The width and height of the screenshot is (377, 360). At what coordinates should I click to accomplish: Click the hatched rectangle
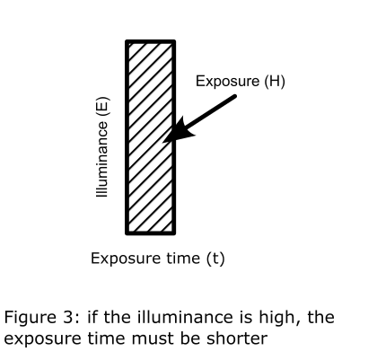tap(150, 137)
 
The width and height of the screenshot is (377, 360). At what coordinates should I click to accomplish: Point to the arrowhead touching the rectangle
tap(178, 131)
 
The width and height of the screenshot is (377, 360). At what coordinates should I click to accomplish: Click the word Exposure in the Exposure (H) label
tap(227, 82)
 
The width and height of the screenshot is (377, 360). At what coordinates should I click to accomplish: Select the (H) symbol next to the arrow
tap(275, 82)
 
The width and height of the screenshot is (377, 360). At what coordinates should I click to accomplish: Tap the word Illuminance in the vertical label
tap(101, 159)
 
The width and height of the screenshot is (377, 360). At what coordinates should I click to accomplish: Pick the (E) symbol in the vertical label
tap(102, 107)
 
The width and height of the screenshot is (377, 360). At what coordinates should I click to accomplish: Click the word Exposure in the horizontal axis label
tap(124, 259)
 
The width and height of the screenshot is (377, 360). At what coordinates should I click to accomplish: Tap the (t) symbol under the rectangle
tap(215, 259)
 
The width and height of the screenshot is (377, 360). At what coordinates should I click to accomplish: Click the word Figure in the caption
tap(30, 318)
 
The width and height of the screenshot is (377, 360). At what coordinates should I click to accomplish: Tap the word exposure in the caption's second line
tap(43, 339)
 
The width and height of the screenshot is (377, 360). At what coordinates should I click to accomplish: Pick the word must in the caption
tap(153, 338)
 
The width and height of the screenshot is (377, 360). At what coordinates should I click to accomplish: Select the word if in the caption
tap(92, 317)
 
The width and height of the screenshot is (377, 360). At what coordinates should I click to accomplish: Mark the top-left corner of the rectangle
tap(125, 40)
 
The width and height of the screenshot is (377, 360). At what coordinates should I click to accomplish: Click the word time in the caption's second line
tap(107, 338)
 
